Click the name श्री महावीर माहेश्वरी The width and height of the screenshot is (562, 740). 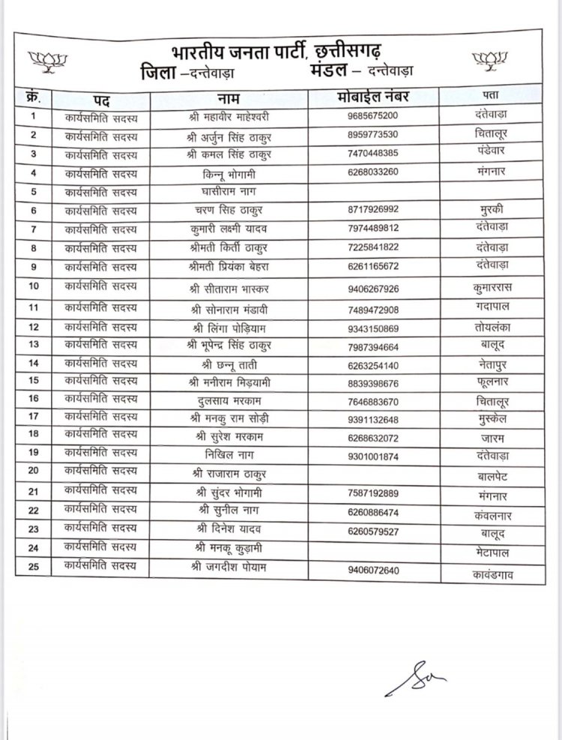pyautogui.click(x=232, y=117)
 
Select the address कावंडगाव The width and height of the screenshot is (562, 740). pyautogui.click(x=494, y=576)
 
